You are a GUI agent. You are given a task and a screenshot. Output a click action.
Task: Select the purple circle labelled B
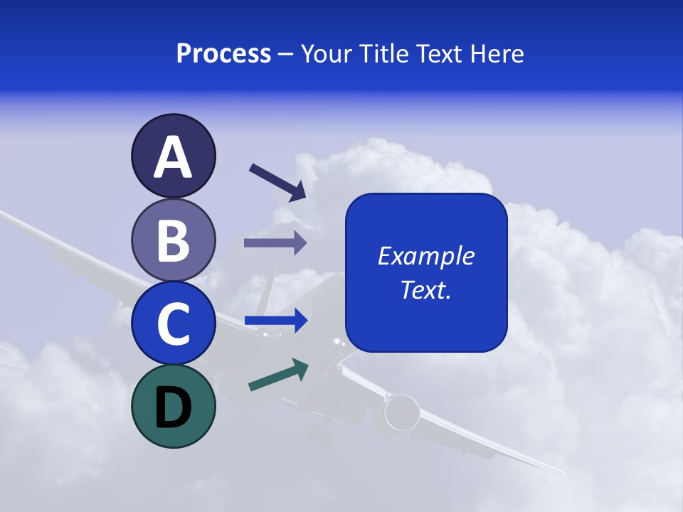tap(173, 240)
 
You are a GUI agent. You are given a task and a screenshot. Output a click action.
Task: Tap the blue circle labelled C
tap(173, 324)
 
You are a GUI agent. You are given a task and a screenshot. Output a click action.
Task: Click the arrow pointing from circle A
tap(277, 182)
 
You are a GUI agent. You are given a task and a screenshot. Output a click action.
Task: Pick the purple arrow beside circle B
tap(275, 243)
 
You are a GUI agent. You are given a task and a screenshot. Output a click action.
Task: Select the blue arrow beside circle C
tap(275, 321)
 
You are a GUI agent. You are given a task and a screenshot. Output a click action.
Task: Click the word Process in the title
tap(223, 54)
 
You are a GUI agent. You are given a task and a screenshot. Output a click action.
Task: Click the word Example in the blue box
tap(425, 256)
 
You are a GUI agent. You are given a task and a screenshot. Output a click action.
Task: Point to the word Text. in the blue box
tap(425, 289)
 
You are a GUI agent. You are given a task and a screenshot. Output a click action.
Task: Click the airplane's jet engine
tap(403, 412)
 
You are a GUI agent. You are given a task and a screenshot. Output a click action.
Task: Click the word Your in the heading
tap(329, 54)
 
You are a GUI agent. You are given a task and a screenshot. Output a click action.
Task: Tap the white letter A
tap(173, 158)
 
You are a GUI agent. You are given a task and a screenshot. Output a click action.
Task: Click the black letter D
tap(173, 407)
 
